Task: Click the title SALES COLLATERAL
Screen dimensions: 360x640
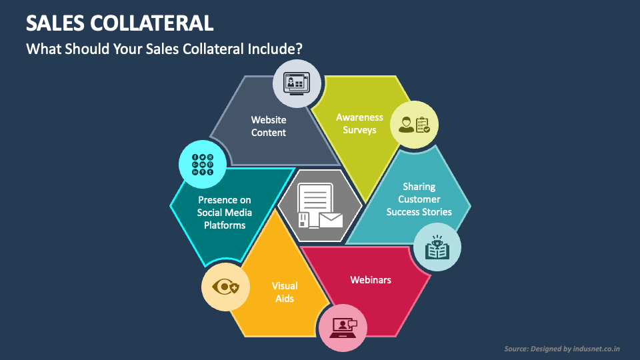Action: pos(119,23)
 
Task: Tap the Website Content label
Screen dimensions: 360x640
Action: pos(269,126)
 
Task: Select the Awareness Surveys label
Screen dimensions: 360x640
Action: pos(359,123)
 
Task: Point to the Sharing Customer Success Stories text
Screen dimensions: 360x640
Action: pos(419,199)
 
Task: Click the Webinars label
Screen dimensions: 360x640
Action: pos(371,279)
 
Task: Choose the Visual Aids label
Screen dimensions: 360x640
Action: pos(285,292)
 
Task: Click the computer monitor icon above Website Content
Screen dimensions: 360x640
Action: pos(297,84)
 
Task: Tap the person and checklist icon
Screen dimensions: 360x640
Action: pos(413,125)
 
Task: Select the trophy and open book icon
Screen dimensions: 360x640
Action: pos(437,247)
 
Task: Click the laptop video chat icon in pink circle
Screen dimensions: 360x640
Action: pos(343,327)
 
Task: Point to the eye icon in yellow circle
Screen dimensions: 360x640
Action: pos(225,287)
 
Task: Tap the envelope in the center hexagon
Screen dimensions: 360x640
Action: pos(331,219)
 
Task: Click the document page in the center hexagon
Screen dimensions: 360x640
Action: pos(315,199)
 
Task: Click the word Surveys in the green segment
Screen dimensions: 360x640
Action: pos(359,130)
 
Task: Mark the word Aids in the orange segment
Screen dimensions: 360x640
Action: pos(285,299)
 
